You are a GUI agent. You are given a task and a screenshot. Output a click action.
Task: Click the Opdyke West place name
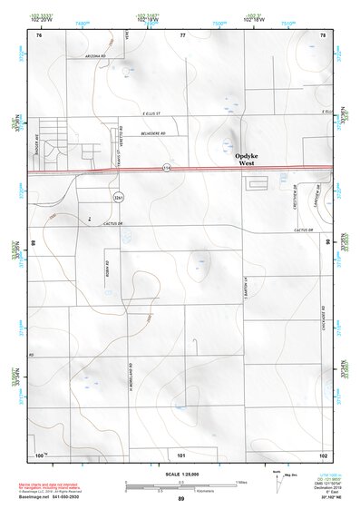251,160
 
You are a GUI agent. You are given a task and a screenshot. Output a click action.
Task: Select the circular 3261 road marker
118,196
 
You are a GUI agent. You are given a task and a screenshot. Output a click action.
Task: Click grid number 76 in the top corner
39,35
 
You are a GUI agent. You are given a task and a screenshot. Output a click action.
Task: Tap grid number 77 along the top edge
182,35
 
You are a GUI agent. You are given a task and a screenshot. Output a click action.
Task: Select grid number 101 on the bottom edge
181,454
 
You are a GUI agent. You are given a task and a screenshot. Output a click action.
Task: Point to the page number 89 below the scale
181,500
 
